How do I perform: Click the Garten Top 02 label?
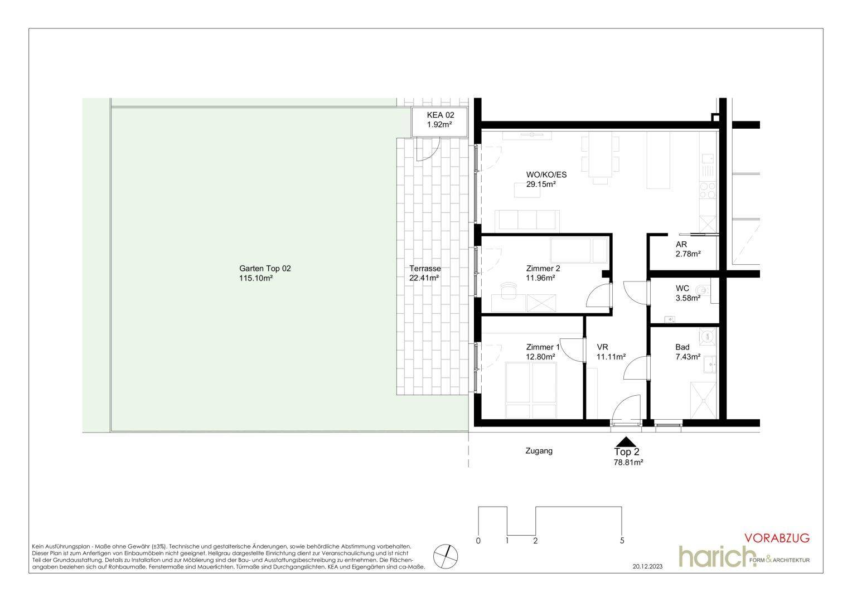(265, 269)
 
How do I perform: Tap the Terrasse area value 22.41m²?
(424, 278)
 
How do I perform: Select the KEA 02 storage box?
(440, 122)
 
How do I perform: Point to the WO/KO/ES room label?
(546, 175)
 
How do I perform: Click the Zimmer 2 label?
(543, 269)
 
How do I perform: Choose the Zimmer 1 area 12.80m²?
(540, 357)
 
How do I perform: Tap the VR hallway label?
(602, 347)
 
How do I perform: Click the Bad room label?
(682, 347)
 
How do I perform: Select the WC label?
(682, 289)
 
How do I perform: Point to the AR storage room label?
(681, 245)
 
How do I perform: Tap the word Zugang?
(539, 451)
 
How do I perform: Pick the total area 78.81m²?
(628, 463)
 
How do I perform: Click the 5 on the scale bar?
(622, 541)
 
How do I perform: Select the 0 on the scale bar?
(478, 541)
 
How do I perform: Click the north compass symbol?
(446, 556)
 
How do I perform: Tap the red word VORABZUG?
(777, 538)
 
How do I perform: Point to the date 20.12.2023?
(647, 567)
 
